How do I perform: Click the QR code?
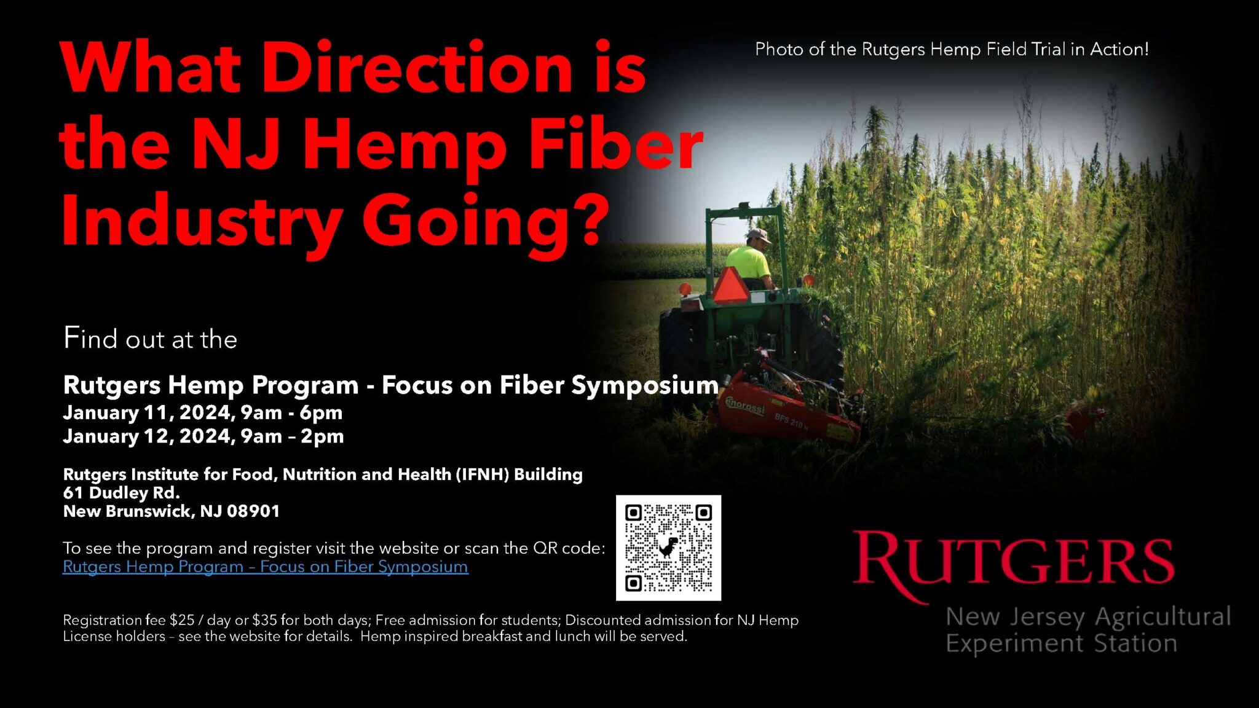[x=668, y=548]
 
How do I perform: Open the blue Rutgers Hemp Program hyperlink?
[x=265, y=567]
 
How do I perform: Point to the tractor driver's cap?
[x=759, y=235]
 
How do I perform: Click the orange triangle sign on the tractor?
[x=731, y=286]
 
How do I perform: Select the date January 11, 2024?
[x=147, y=412]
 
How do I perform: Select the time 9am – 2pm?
[x=292, y=436]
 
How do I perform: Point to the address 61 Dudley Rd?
[x=121, y=493]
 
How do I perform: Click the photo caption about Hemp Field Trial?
[x=951, y=49]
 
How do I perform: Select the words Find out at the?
[x=150, y=339]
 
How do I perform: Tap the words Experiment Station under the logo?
[x=1061, y=643]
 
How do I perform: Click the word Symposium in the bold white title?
[x=644, y=385]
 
